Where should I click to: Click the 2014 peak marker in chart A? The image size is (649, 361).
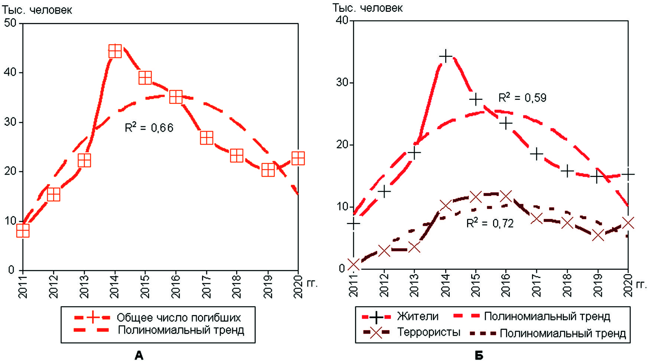[115, 51]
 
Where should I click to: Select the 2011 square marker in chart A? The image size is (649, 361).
[23, 231]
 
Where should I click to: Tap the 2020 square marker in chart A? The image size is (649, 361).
[298, 158]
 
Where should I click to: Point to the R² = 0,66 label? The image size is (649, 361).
[149, 128]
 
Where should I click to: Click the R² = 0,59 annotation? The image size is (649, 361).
[522, 98]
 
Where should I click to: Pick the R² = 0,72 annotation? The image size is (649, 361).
[490, 223]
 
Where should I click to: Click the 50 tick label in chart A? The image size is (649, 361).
[10, 23]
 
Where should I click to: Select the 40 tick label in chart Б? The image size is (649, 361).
[342, 20]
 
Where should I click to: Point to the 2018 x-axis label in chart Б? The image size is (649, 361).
[567, 285]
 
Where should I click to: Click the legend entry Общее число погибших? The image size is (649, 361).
[179, 318]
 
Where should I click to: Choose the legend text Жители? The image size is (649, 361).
[418, 316]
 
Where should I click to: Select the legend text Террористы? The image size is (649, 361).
[428, 332]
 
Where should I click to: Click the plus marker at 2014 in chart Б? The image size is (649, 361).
[445, 56]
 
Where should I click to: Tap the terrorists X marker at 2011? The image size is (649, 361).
[353, 265]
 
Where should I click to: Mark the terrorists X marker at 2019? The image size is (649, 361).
[598, 235]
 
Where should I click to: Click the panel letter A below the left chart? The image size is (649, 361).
[139, 355]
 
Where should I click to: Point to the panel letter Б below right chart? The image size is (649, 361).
[479, 355]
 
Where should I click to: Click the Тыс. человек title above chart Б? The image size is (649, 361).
[367, 8]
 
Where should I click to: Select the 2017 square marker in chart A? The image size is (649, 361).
[206, 138]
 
